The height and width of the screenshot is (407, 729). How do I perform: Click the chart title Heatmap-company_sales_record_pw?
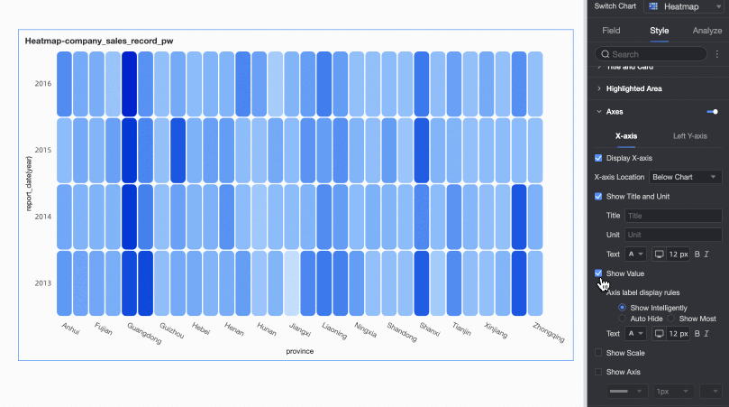coord(99,42)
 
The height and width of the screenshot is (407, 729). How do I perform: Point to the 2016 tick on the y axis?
coord(42,84)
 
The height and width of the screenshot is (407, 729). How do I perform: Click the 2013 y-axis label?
coord(42,283)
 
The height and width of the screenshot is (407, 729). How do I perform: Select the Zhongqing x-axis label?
coord(549,332)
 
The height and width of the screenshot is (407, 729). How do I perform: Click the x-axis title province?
coord(299,351)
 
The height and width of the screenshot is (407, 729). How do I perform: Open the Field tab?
coord(611,31)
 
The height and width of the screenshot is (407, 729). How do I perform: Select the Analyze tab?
coord(707,31)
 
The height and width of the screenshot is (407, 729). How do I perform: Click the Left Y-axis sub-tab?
coord(690,136)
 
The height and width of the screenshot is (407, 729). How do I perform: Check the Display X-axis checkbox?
coord(599,158)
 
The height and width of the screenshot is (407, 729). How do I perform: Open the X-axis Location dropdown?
coord(686,177)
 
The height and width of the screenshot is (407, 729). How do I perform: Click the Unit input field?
coord(673,235)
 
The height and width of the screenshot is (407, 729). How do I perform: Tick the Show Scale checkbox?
coord(599,353)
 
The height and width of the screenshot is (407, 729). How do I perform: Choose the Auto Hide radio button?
coord(623,319)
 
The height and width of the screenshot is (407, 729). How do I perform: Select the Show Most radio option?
coord(672,319)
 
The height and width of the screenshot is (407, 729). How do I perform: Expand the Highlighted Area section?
coord(633,89)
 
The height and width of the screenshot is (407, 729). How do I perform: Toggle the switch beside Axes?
coord(712,112)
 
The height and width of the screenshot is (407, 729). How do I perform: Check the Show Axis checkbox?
coord(599,372)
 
